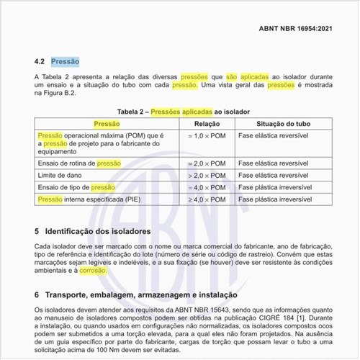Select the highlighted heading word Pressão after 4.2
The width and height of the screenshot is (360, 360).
tap(65, 62)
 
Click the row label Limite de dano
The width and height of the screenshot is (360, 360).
tap(63, 176)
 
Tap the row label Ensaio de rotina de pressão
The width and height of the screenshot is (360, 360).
tap(79, 164)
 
